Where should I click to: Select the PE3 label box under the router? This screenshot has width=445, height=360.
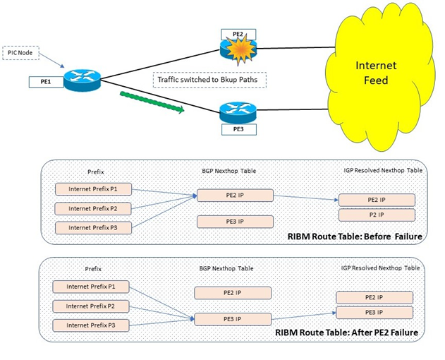pyautogui.click(x=233, y=128)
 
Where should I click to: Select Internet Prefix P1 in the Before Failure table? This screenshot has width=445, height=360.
pyautogui.click(x=93, y=189)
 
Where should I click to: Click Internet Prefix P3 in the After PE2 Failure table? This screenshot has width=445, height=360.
pyautogui.click(x=92, y=325)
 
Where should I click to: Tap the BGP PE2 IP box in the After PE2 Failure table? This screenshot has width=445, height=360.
pyautogui.click(x=233, y=292)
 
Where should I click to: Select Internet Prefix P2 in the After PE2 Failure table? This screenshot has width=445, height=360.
pyautogui.click(x=92, y=306)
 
